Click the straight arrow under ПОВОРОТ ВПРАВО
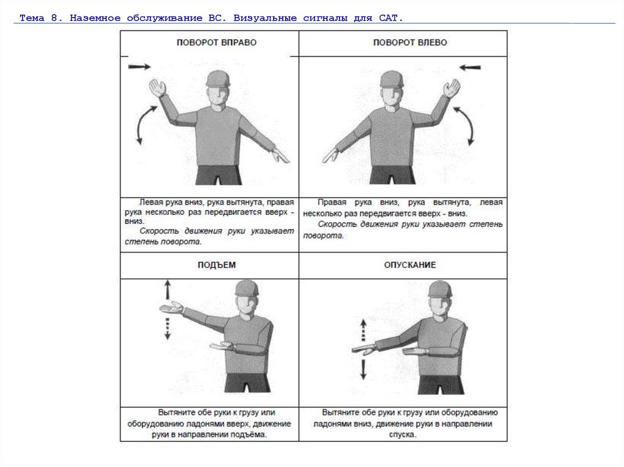139,66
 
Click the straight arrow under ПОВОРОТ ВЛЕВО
470,67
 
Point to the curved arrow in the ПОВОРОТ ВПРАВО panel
144,124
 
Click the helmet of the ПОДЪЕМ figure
247,288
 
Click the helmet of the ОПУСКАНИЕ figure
439,289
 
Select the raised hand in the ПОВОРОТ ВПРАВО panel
157,88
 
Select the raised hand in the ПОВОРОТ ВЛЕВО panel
452,89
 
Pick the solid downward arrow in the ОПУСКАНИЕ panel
364,368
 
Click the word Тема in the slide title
32,18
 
